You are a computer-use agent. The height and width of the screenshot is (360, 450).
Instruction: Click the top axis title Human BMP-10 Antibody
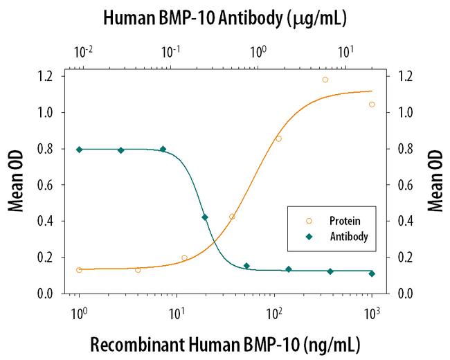click(x=225, y=19)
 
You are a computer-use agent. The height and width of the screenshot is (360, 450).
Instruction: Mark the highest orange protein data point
click(x=325, y=80)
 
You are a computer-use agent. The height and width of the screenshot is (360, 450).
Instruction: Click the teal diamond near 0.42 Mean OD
click(x=205, y=217)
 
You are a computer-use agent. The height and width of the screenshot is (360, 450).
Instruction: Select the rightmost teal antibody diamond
click(x=372, y=273)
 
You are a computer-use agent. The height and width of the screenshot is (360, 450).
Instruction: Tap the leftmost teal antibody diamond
click(x=80, y=150)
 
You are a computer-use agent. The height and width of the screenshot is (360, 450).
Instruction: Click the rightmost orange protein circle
click(x=372, y=105)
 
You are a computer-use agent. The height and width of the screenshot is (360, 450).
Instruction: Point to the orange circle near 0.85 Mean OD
click(x=278, y=138)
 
